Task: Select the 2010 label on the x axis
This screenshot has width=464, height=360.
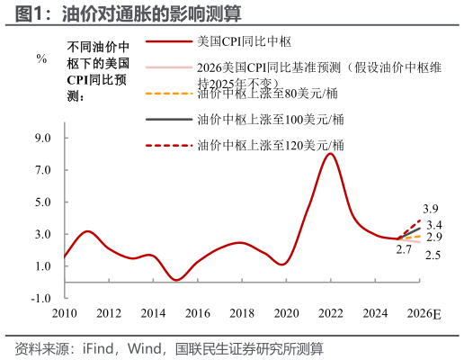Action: pyautogui.click(x=64, y=313)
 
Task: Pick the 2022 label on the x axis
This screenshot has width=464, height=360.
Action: pyautogui.click(x=331, y=313)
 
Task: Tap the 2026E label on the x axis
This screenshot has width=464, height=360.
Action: pyautogui.click(x=424, y=313)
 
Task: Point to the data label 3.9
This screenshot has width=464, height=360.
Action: pyautogui.click(x=431, y=209)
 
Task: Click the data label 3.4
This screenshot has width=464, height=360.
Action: pyautogui.click(x=434, y=224)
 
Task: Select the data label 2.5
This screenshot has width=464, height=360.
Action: pyautogui.click(x=433, y=256)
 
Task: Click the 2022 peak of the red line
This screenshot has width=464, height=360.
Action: pyautogui.click(x=331, y=154)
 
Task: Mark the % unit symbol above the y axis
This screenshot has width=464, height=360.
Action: pyautogui.click(x=41, y=58)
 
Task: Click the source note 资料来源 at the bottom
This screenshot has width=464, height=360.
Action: pyautogui.click(x=168, y=347)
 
